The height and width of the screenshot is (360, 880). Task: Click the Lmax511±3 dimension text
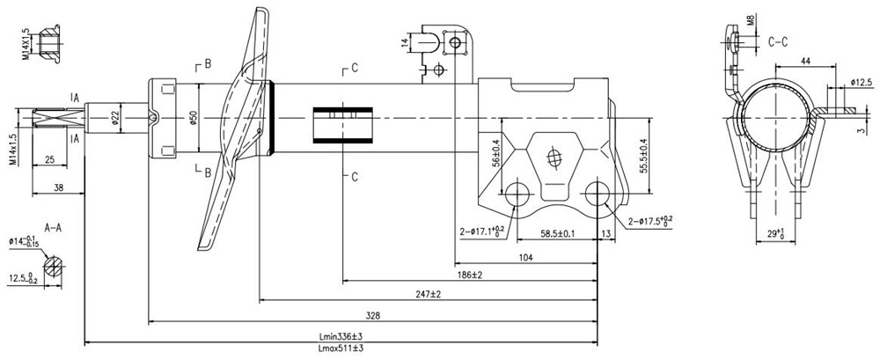(x=341, y=349)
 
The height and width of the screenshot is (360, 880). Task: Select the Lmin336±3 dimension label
(x=341, y=336)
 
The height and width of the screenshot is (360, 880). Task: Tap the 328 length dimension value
(x=372, y=316)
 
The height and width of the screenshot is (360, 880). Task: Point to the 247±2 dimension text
(x=429, y=294)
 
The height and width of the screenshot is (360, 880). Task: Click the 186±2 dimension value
(x=470, y=275)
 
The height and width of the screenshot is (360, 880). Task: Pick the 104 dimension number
(x=526, y=257)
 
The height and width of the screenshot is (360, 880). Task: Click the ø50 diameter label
(x=192, y=117)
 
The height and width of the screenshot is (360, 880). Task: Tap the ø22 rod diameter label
(x=115, y=117)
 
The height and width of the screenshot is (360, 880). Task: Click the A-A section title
(x=53, y=228)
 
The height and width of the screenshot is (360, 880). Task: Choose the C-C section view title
(x=778, y=41)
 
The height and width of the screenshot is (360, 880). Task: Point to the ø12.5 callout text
(x=861, y=83)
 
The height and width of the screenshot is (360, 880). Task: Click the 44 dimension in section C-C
(x=805, y=61)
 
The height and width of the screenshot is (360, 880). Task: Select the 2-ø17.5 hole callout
(x=650, y=221)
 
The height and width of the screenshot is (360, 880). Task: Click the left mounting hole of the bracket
(x=517, y=194)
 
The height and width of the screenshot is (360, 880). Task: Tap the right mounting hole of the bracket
(x=597, y=194)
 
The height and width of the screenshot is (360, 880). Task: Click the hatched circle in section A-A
(x=54, y=266)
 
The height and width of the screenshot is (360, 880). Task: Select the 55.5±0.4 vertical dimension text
(x=644, y=155)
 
